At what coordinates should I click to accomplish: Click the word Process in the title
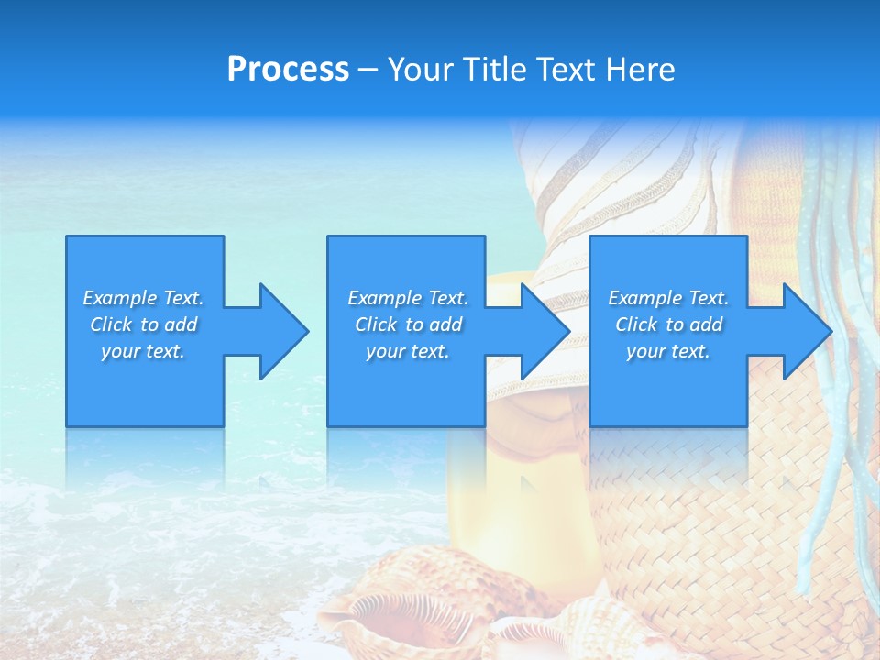pyautogui.click(x=288, y=70)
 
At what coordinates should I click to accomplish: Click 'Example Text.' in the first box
pyautogui.click(x=143, y=298)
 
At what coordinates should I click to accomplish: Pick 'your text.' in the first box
pyautogui.click(x=143, y=351)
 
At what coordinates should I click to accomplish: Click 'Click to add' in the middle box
pyautogui.click(x=408, y=324)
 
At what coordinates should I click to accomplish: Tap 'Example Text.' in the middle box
pyautogui.click(x=408, y=298)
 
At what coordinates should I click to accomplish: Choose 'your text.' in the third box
pyautogui.click(x=668, y=351)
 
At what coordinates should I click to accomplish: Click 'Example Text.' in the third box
pyautogui.click(x=668, y=298)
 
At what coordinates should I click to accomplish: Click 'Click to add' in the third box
pyautogui.click(x=668, y=324)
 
